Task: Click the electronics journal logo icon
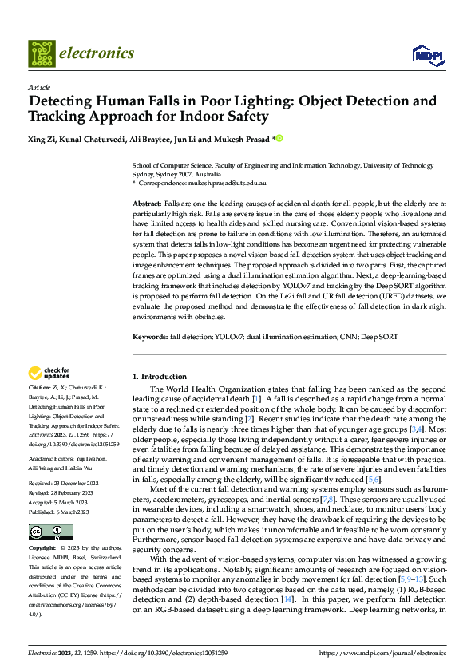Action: tap(42, 53)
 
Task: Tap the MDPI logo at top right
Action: tap(426, 54)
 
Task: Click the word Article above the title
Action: tap(39, 87)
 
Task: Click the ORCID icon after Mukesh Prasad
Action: tap(279, 138)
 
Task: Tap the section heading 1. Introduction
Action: tap(159, 376)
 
